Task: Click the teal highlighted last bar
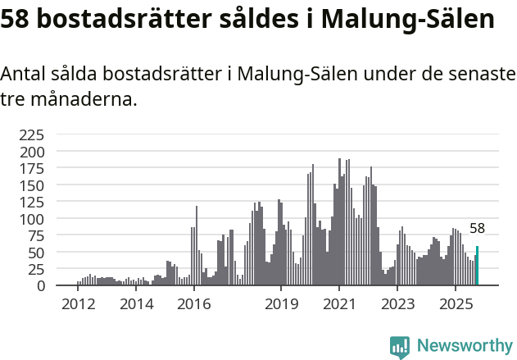point(478,267)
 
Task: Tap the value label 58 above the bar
point(478,229)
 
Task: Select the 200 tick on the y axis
point(33,152)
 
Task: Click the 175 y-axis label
point(33,169)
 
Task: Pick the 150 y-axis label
point(33,185)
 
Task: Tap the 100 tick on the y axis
point(33,219)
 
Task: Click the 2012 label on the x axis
point(78,304)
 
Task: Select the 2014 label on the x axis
point(136,304)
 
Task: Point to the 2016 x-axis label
point(193,304)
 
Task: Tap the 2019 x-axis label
point(281,304)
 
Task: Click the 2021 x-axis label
point(339,304)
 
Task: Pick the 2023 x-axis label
point(397,304)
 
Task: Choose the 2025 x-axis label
point(455,304)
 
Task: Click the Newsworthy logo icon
point(400,347)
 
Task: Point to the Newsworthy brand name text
point(465,347)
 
